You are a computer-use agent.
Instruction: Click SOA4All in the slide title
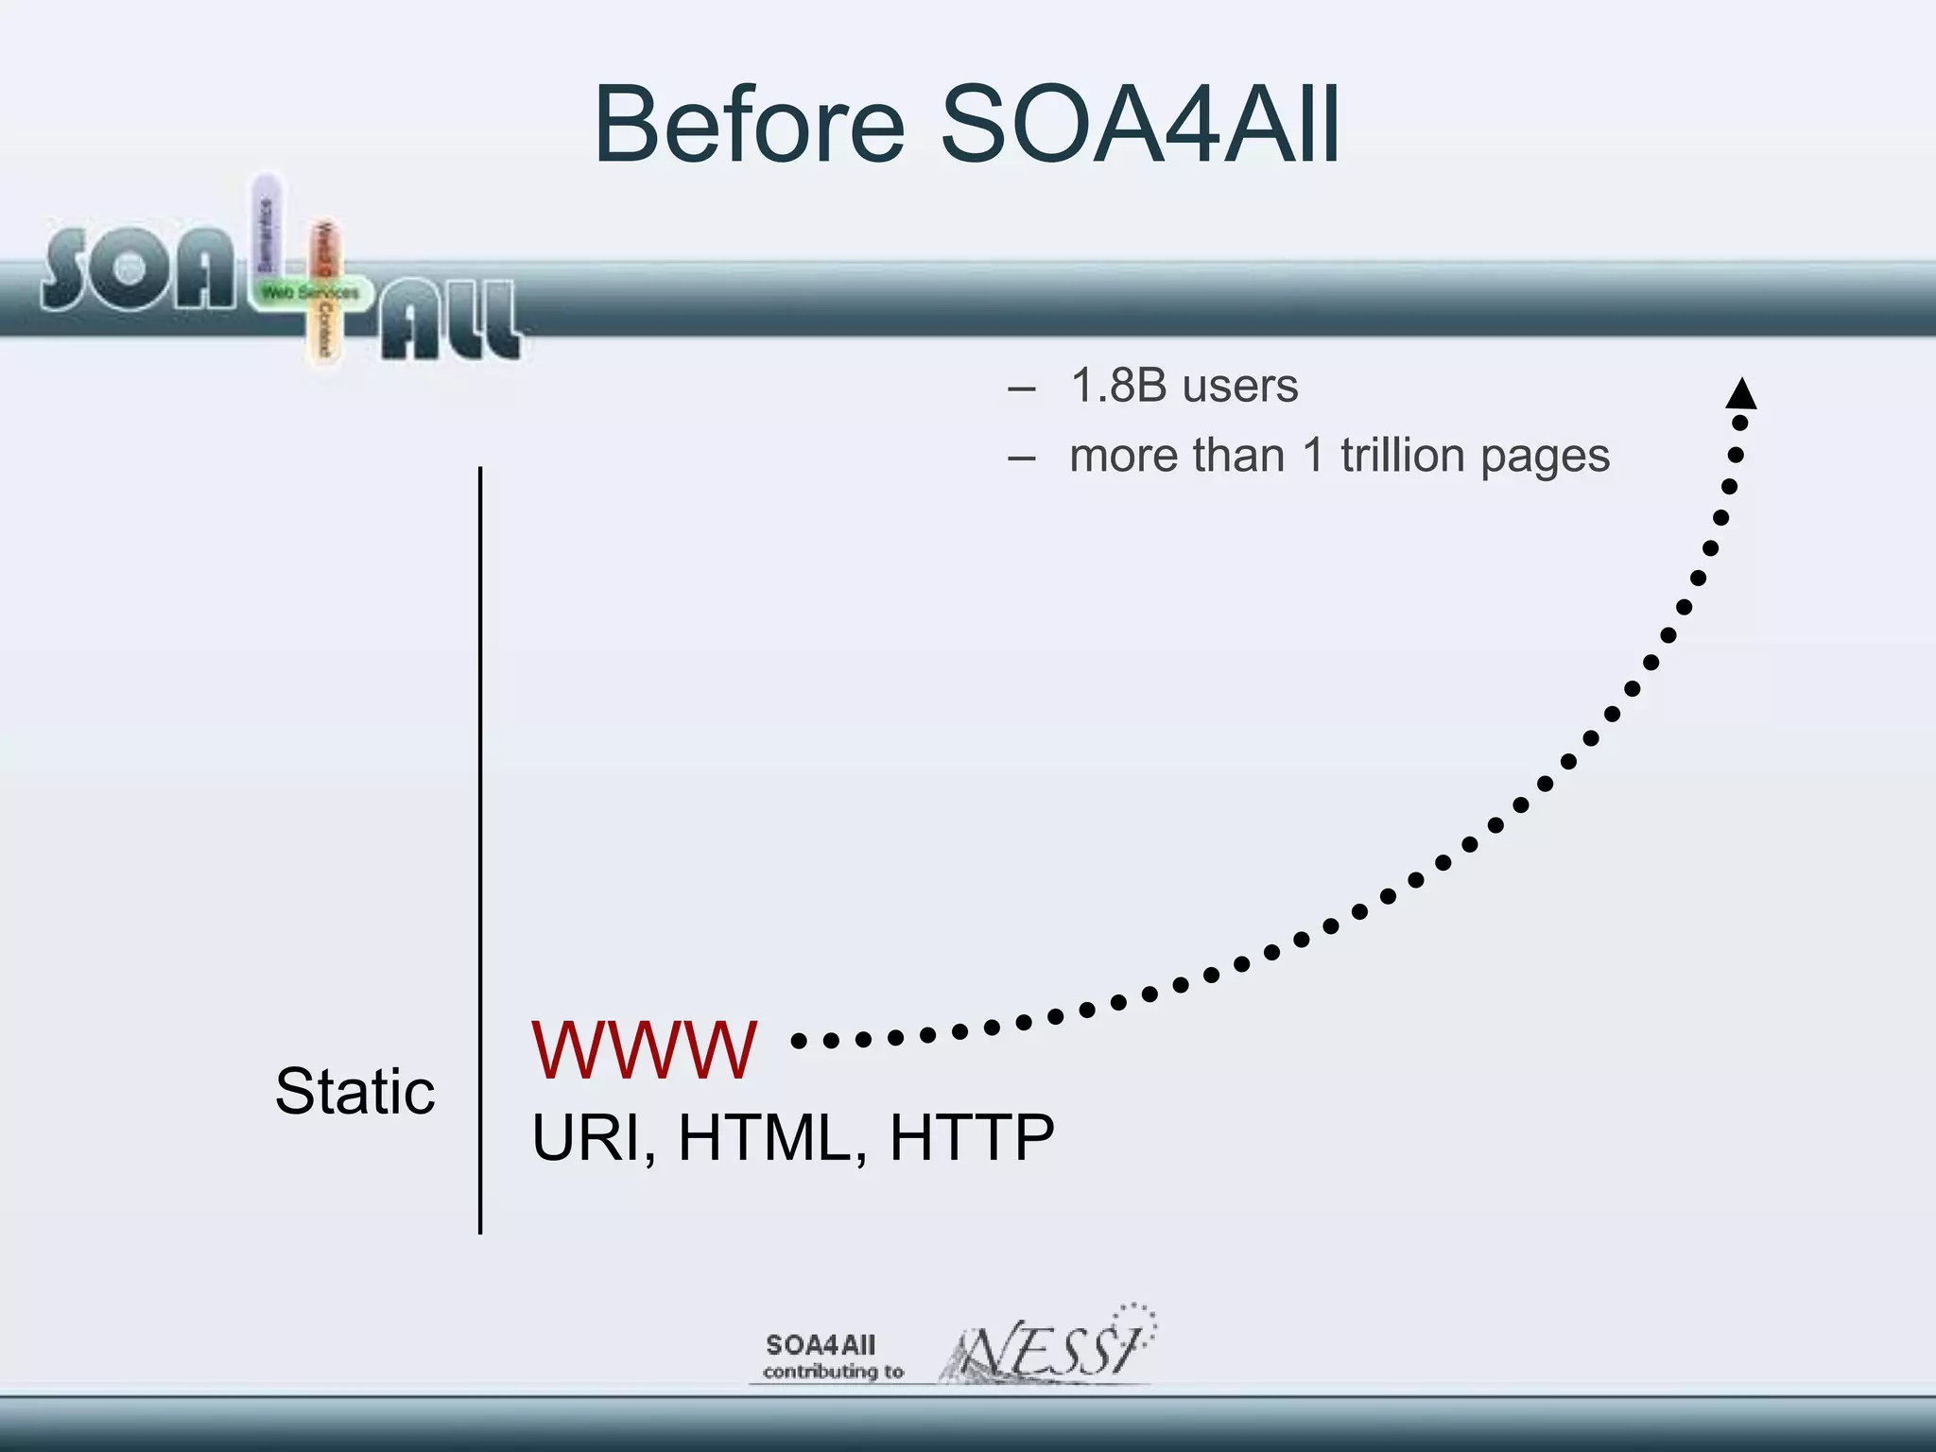(1139, 126)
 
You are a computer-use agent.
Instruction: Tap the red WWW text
(644, 1050)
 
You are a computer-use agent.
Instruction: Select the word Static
(354, 1092)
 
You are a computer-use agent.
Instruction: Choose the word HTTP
(972, 1137)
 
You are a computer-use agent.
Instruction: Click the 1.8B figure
(1118, 386)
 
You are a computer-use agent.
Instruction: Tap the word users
(1240, 387)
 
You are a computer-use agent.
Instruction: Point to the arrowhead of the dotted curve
(1741, 394)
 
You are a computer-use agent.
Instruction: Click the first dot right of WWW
(799, 1041)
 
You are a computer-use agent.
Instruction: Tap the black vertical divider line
(480, 851)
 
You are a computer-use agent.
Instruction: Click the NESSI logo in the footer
(1049, 1346)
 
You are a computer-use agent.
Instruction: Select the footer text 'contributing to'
(833, 1372)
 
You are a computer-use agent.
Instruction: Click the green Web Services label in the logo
(310, 293)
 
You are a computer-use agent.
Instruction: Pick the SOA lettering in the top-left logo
(138, 270)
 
